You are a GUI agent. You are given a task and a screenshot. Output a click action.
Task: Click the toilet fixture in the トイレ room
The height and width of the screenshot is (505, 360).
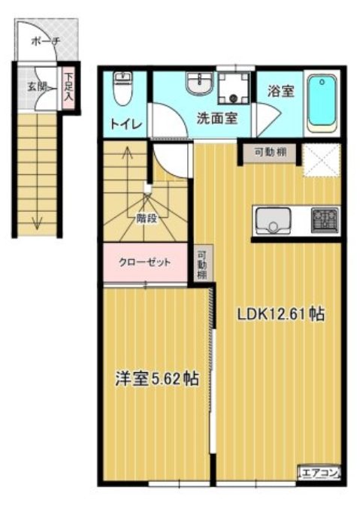(123, 90)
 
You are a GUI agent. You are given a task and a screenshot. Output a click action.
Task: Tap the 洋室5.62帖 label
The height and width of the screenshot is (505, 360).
(157, 380)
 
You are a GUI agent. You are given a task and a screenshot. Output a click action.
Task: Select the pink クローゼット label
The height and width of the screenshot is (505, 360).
(144, 263)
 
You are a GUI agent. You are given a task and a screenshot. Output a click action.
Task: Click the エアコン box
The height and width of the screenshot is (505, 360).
(321, 473)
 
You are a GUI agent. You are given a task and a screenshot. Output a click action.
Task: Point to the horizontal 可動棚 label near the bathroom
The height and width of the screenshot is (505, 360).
(268, 153)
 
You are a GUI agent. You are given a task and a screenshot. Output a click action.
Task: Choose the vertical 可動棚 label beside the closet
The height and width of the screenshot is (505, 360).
(202, 265)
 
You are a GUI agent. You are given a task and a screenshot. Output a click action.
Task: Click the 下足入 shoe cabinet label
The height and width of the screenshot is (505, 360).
(69, 88)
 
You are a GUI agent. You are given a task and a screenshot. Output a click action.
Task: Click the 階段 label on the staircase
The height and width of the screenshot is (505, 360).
(147, 219)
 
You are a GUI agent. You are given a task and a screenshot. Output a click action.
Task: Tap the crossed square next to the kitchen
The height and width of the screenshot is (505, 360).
(322, 160)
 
